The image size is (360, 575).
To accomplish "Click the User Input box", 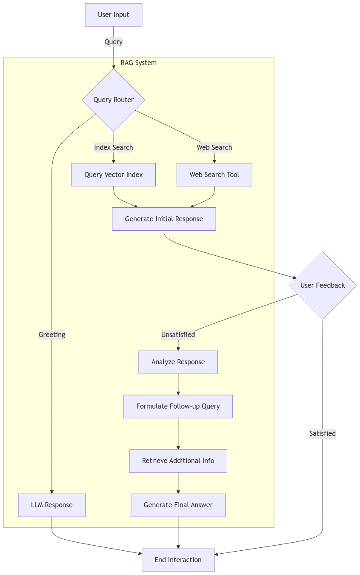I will click(x=114, y=15).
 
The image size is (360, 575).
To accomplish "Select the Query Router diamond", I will click(x=114, y=100).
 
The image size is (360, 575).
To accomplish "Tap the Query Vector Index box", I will click(x=114, y=175).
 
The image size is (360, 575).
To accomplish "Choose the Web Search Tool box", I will click(x=214, y=175).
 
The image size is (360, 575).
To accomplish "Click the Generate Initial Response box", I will click(x=164, y=219).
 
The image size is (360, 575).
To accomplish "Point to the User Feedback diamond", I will click(x=323, y=285).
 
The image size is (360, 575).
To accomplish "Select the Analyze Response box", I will click(x=178, y=362).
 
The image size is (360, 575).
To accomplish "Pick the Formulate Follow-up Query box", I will click(x=178, y=406).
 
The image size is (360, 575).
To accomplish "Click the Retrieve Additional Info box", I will click(x=178, y=461).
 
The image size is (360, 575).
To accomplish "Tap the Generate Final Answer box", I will click(x=178, y=505).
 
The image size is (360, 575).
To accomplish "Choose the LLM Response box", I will click(x=52, y=505).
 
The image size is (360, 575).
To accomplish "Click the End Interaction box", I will click(x=178, y=560).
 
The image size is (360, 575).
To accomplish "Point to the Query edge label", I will click(x=114, y=42).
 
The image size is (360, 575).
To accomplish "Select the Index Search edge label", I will click(x=114, y=147).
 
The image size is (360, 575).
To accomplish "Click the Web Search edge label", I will click(x=214, y=147).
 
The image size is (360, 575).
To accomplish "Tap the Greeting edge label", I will click(x=52, y=335).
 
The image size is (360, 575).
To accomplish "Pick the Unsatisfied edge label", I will click(x=178, y=335).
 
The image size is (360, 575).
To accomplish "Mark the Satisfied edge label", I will click(x=323, y=434).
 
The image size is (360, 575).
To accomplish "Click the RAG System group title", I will click(x=138, y=63).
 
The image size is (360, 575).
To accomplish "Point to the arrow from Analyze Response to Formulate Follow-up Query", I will click(x=178, y=384).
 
